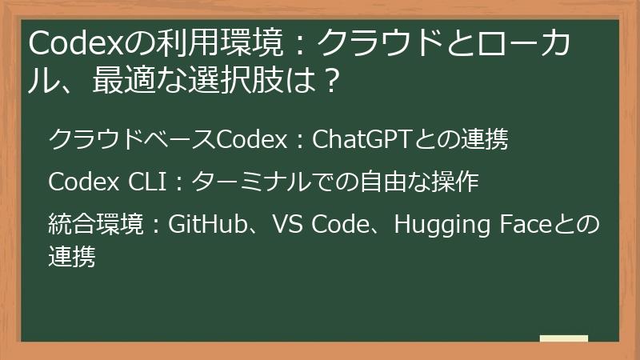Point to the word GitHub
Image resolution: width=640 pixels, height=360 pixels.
coord(207,226)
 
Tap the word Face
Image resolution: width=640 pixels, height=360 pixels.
coord(522,226)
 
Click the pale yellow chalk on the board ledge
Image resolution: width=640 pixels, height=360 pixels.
coord(564,338)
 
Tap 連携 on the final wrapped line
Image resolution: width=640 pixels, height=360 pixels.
coord(72,258)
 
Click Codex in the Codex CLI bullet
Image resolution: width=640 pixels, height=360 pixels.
coord(85,182)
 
